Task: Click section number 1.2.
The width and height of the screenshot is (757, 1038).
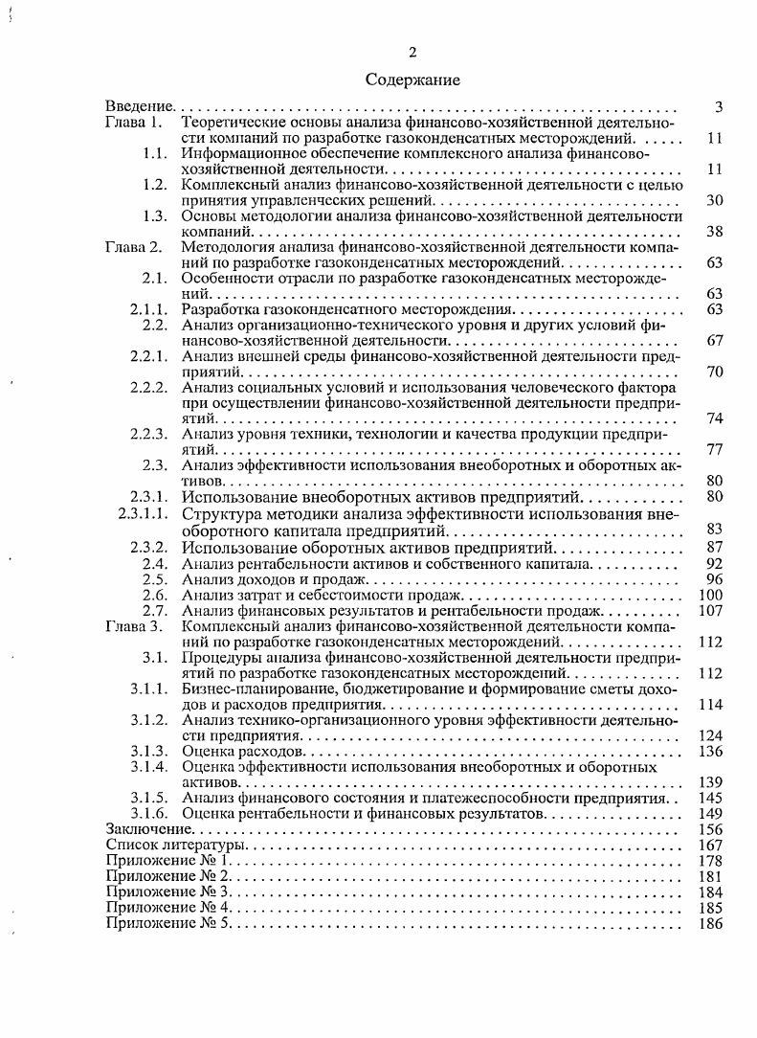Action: [156, 185]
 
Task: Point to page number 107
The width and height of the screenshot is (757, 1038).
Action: [710, 611]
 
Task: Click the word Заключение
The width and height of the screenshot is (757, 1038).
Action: [150, 829]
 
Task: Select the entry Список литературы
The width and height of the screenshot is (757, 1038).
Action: [176, 846]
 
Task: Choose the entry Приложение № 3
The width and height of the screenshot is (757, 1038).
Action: [168, 892]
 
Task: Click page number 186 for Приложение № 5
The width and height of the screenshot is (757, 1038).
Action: [710, 923]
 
